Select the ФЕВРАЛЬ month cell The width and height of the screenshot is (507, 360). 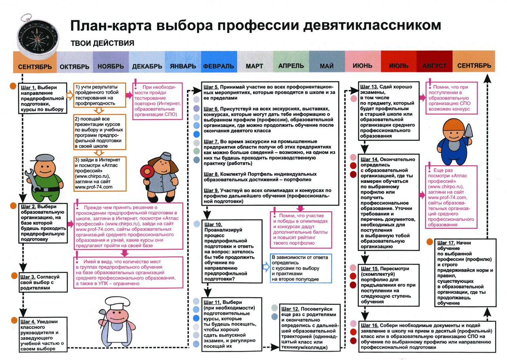pyautogui.click(x=218, y=65)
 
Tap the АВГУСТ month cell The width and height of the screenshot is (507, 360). pyautogui.click(x=434, y=65)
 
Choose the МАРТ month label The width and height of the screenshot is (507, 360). pyautogui.click(x=254, y=65)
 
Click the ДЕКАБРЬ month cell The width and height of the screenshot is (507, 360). pyautogui.click(x=147, y=65)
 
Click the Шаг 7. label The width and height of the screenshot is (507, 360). pyautogui.click(x=211, y=141)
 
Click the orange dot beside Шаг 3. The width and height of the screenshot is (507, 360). pyautogui.click(x=13, y=276)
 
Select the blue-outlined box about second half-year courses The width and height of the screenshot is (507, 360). pyautogui.click(x=301, y=268)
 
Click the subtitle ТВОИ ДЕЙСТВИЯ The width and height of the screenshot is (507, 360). pyautogui.click(x=102, y=43)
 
